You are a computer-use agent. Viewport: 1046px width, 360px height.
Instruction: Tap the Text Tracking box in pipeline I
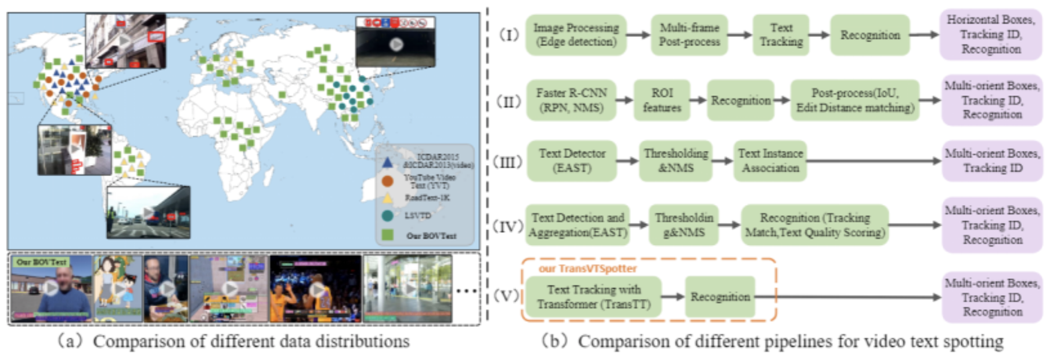[780, 34]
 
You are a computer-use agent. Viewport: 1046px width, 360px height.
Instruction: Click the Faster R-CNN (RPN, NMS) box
[571, 99]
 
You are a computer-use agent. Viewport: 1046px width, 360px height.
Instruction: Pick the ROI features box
[658, 99]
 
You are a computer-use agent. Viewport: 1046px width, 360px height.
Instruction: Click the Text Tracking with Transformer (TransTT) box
[592, 297]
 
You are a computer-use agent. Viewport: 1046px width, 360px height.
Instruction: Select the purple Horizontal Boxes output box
[993, 34]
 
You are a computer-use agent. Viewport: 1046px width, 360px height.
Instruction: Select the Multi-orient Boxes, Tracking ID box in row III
[993, 160]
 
